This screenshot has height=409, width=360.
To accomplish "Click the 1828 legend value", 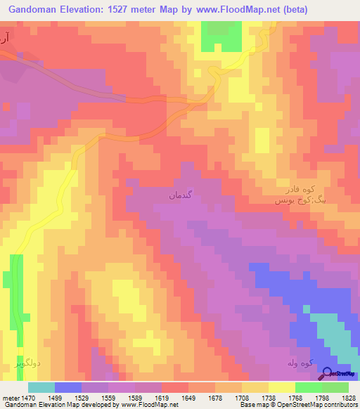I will point(347,397).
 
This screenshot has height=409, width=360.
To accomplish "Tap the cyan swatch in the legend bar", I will point(41,387).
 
